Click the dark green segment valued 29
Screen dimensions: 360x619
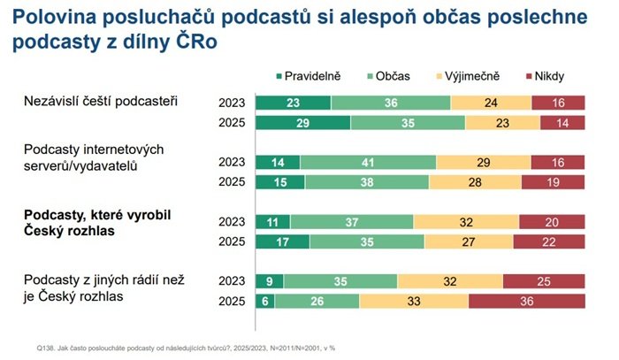click(x=302, y=122)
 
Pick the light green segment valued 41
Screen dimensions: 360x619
click(x=368, y=162)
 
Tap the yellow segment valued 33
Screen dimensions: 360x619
click(x=414, y=301)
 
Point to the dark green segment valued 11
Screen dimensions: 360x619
click(x=271, y=221)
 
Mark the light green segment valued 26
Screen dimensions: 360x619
click(x=317, y=301)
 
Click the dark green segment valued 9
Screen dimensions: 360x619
click(x=269, y=281)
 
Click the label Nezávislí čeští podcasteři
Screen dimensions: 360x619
click(x=101, y=101)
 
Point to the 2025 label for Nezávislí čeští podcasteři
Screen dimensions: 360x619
click(x=233, y=122)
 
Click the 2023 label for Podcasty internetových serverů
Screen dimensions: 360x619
click(x=233, y=162)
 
